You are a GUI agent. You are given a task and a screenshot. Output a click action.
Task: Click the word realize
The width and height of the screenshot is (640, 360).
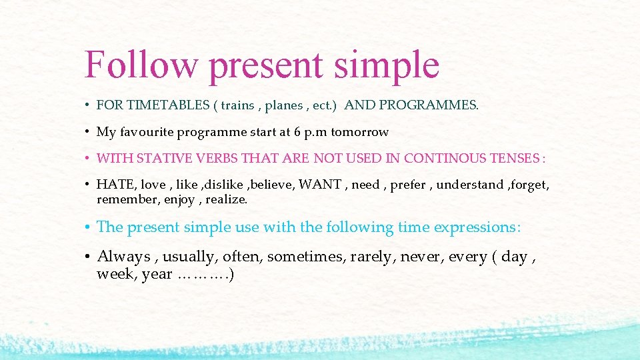[227, 199]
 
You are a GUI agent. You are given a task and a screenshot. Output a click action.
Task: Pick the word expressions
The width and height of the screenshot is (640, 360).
[476, 227]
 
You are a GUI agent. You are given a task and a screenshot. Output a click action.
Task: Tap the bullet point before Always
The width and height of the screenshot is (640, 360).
[88, 257]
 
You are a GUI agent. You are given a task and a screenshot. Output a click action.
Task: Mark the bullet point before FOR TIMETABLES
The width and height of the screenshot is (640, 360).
[88, 105]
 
